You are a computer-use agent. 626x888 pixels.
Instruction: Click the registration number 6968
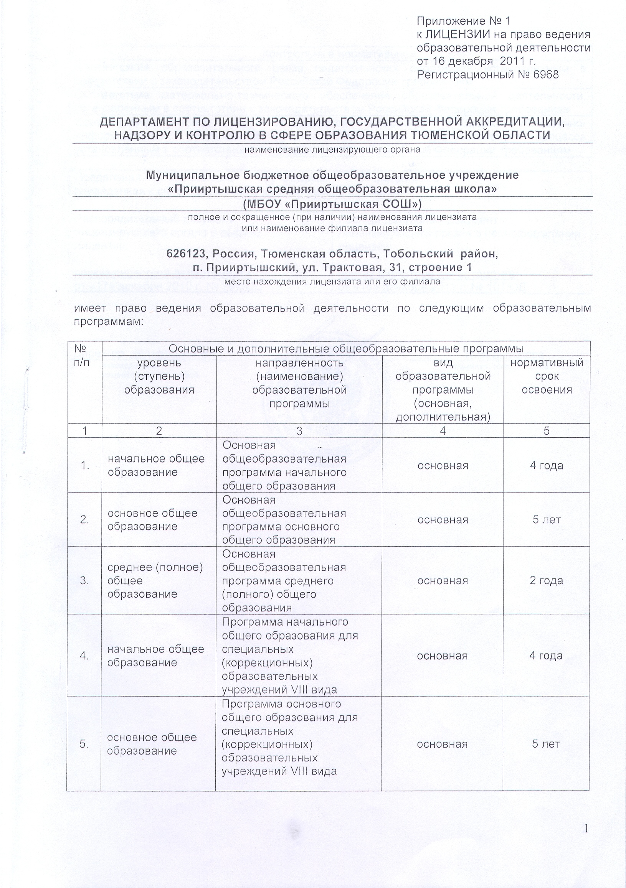pyautogui.click(x=545, y=75)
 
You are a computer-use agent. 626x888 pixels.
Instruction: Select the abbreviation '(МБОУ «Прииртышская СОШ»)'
pyautogui.click(x=332, y=204)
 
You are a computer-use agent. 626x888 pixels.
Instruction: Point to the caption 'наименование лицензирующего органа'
pyautogui.click(x=332, y=150)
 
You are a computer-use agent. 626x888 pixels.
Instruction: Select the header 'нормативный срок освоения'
pyautogui.click(x=547, y=376)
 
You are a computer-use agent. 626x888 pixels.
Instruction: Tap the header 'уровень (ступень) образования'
pyautogui.click(x=159, y=376)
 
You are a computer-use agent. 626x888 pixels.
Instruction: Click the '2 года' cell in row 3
pyautogui.click(x=546, y=580)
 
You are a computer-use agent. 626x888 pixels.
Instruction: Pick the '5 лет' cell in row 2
pyautogui.click(x=546, y=520)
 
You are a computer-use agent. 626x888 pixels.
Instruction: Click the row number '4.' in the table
pyautogui.click(x=84, y=656)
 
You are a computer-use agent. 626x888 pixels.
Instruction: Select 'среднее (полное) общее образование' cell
pyautogui.click(x=155, y=580)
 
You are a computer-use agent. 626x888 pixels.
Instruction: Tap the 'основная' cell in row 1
pyautogui.click(x=443, y=465)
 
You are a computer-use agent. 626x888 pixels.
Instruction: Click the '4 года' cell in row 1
pyautogui.click(x=546, y=465)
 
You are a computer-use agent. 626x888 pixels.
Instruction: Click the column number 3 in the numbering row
pyautogui.click(x=299, y=431)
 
